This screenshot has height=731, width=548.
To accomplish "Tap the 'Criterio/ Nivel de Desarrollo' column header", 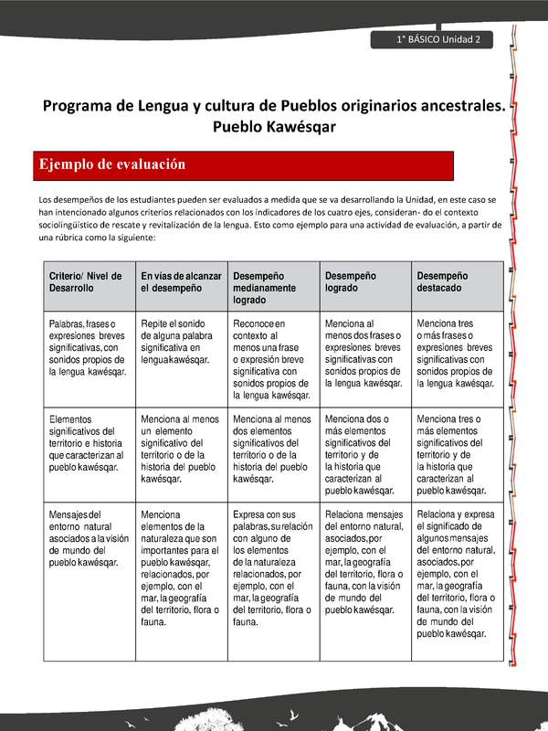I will point(88,281).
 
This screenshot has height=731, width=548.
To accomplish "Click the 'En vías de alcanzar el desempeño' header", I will point(181,281).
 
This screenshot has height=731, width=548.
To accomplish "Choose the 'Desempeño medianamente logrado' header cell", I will point(273,287).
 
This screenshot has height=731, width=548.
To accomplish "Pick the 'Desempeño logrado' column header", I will point(364,281).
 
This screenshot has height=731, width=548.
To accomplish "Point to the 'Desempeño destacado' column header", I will point(456,281).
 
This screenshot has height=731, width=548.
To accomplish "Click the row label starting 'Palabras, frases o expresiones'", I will point(88,347).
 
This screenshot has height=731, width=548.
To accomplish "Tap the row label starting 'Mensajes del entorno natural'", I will point(88,537).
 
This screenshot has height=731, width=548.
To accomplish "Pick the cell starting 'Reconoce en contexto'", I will point(273,359).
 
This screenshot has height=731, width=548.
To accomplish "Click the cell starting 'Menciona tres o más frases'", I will point(456,347).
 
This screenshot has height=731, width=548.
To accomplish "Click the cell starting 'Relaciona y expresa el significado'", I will point(456,573).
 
